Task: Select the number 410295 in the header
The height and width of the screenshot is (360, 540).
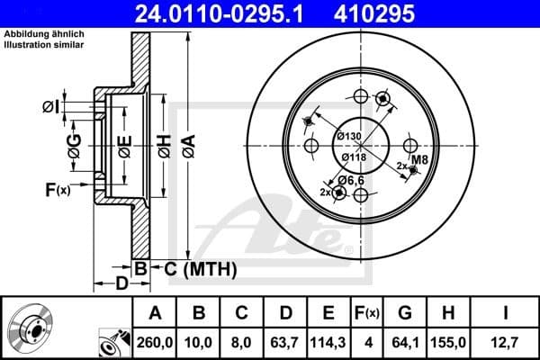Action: click(x=401, y=13)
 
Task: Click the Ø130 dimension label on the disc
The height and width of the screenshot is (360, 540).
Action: click(x=349, y=135)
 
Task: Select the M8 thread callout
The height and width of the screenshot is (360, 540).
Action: click(x=418, y=160)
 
